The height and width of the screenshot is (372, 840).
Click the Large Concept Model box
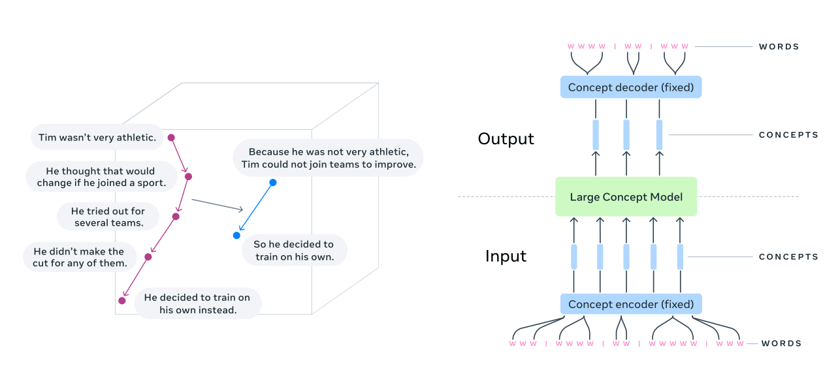626,196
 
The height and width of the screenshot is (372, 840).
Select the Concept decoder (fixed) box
631,87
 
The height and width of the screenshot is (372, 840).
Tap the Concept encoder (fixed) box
631,304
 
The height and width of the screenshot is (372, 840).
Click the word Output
506,138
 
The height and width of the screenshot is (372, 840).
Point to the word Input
506,256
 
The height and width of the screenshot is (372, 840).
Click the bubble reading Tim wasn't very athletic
97,137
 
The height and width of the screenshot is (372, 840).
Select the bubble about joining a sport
101,176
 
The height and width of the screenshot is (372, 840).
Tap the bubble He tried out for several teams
108,217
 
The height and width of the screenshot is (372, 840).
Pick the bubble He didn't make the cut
80,257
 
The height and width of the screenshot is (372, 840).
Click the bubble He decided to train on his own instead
198,303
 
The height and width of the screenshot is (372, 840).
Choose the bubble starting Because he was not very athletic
329,158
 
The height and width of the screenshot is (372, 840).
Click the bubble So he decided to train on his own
294,250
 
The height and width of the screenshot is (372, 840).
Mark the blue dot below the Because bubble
273,183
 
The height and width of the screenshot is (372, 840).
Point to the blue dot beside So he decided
236,235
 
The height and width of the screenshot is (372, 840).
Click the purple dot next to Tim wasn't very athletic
171,138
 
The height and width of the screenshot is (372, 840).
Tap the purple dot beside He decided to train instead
122,300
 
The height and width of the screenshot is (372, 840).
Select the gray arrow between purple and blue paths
218,204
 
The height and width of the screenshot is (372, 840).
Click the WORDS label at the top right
779,46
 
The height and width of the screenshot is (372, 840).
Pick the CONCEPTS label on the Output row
788,135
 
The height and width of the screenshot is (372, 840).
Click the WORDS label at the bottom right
781,343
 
